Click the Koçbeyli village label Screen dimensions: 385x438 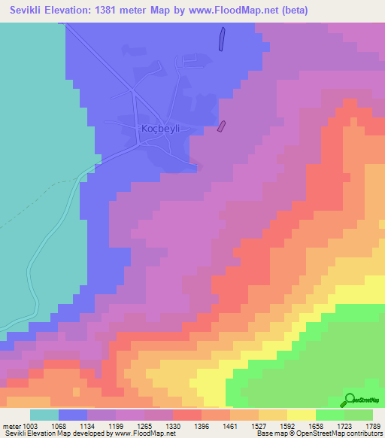point(162,129)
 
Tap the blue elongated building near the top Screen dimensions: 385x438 point(221,39)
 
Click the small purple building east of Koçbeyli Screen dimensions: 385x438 point(221,126)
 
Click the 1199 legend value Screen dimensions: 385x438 point(116,426)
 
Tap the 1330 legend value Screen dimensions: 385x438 point(173,426)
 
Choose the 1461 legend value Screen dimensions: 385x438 point(230,426)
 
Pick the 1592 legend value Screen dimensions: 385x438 point(287,426)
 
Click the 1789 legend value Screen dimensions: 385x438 point(374,426)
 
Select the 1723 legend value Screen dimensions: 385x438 point(344,426)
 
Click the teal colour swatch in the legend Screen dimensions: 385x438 point(44,415)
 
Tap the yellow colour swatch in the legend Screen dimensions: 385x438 point(301,415)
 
